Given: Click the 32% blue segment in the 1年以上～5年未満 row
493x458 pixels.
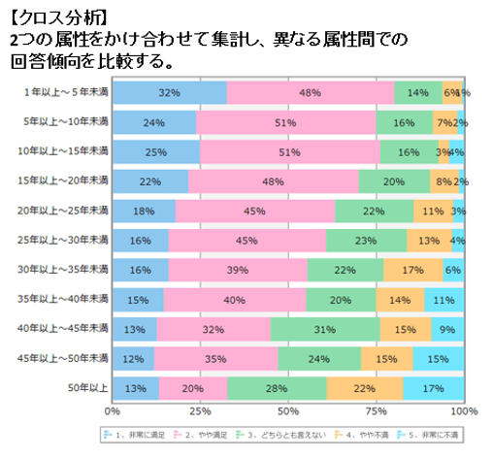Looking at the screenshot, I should click(x=169, y=92).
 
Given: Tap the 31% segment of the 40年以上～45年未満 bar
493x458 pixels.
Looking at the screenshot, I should click(x=325, y=331).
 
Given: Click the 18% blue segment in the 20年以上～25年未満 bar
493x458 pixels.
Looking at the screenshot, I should click(x=144, y=212).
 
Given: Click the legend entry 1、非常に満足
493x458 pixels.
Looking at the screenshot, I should click(x=135, y=435).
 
